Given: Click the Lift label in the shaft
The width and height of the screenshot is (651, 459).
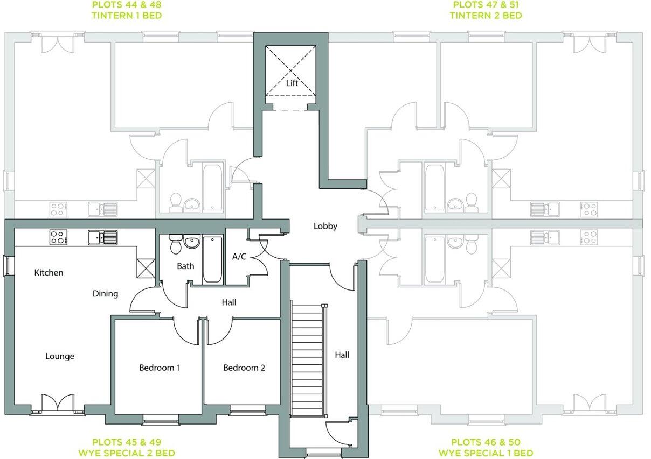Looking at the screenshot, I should click(x=292, y=83).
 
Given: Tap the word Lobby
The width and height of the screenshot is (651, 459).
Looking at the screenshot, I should click(x=325, y=226).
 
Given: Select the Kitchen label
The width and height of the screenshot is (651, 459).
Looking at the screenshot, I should click(x=49, y=273).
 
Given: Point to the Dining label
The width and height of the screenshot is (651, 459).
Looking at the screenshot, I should click(x=105, y=293).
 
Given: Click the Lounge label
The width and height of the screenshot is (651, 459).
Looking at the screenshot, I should click(x=60, y=356).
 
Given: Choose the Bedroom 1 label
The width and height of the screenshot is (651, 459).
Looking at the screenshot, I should click(x=160, y=368).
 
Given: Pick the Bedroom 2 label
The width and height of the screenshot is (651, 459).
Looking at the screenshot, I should click(x=244, y=368).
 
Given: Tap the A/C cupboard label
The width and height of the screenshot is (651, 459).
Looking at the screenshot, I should click(x=239, y=257).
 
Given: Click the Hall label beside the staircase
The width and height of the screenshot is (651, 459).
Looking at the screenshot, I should click(x=342, y=355).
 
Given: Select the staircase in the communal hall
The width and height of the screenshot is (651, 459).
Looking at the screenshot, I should click(x=307, y=359).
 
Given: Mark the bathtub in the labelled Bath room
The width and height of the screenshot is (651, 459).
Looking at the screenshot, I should click(x=212, y=259).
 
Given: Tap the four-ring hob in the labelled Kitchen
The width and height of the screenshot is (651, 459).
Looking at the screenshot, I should click(x=58, y=237).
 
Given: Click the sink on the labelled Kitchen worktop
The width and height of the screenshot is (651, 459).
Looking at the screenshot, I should click(x=103, y=237).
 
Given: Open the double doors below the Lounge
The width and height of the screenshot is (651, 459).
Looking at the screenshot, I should click(x=57, y=403).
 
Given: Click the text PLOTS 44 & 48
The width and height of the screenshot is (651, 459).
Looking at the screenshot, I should click(x=127, y=5).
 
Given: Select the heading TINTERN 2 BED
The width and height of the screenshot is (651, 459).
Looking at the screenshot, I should click(x=486, y=16).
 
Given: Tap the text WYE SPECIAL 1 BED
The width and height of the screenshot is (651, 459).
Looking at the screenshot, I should click(x=486, y=453).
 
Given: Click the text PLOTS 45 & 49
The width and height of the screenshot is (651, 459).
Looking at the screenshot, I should click(x=127, y=442).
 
